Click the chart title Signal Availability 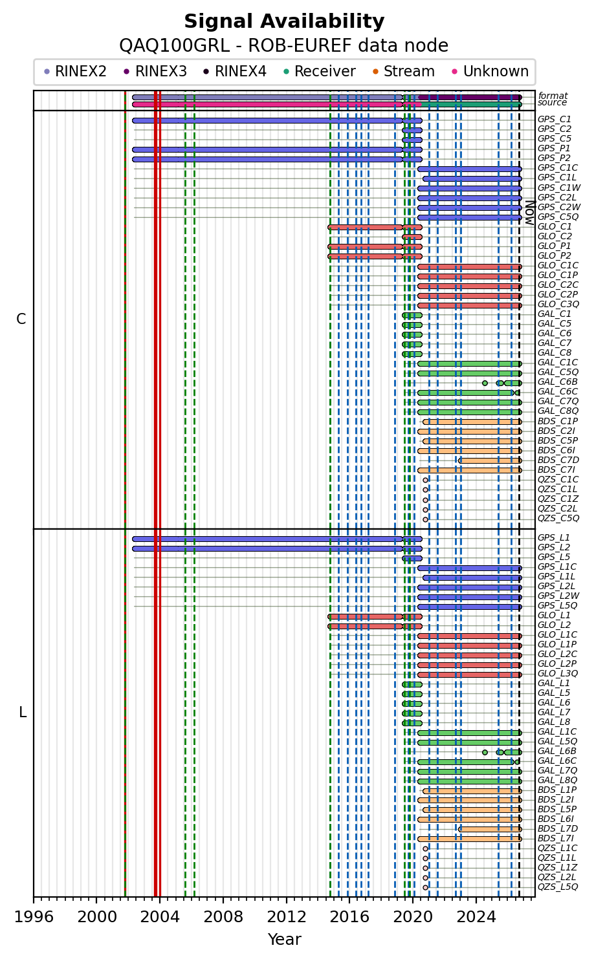pos(284,21)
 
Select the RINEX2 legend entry pos(76,71)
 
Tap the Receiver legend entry pos(320,71)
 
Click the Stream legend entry pos(404,71)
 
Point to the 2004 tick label pos(160,917)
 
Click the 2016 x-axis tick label pos(350,917)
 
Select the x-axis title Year pos(284,939)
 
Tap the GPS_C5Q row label pos(558,217)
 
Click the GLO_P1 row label pos(554,246)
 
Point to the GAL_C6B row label pos(558,382)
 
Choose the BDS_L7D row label pos(558,828)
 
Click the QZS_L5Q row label pos(558,887)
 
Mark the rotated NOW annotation pos(531,213)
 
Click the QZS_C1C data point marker pos(425,480)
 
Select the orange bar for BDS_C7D pos(490,460)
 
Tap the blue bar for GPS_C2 pos(412,130)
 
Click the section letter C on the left pos(21,319)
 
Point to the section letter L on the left pos(23,713)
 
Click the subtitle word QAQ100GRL pos(174,45)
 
